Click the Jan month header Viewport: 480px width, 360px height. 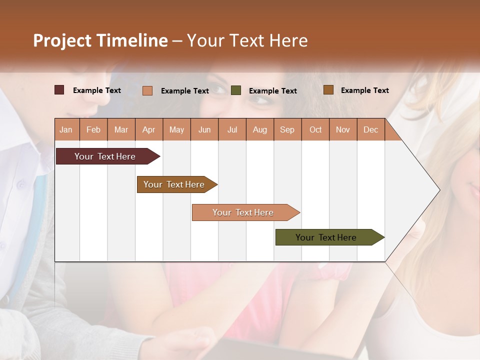tap(66, 129)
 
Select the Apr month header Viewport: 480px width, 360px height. tap(148, 129)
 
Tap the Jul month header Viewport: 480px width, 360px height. tap(232, 129)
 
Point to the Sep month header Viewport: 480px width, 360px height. tap(287, 129)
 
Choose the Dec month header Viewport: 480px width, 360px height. tap(370, 129)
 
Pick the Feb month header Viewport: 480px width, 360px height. tap(93, 129)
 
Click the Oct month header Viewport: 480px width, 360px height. tap(315, 129)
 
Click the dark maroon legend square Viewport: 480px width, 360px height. tap(59, 90)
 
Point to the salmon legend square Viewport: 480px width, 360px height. tap(147, 90)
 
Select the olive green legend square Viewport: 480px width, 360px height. tap(236, 90)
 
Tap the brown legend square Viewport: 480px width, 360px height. tap(328, 90)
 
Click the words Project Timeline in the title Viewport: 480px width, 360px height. tap(100, 40)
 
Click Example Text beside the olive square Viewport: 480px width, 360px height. tap(272, 91)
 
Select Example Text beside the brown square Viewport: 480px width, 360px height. tap(364, 90)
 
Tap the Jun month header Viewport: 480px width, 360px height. tap(204, 129)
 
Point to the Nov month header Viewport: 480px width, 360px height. tap(343, 129)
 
